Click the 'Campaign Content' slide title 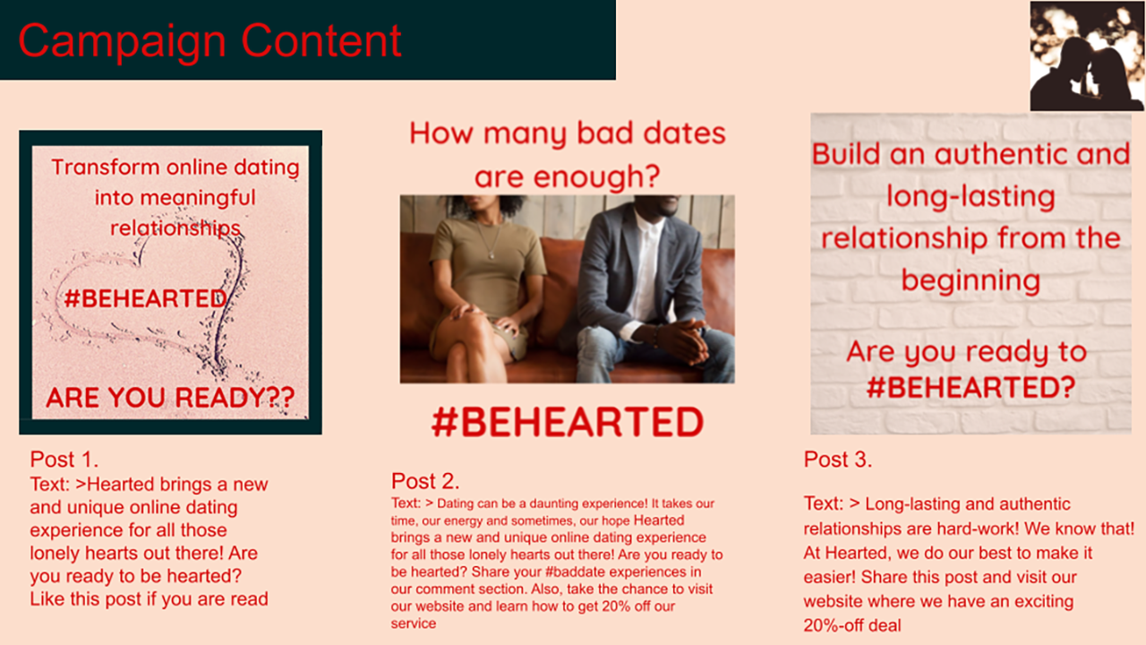click(210, 41)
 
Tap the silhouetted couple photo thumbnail click(1087, 56)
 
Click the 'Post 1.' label click(64, 460)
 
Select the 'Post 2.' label click(425, 481)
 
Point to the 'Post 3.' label click(837, 460)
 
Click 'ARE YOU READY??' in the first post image click(170, 397)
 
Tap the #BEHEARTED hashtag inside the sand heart click(145, 298)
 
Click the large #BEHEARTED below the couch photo click(568, 422)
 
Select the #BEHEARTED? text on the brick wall click(971, 387)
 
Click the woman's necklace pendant click(492, 254)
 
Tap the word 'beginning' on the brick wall click(971, 281)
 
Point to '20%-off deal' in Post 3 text click(852, 625)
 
